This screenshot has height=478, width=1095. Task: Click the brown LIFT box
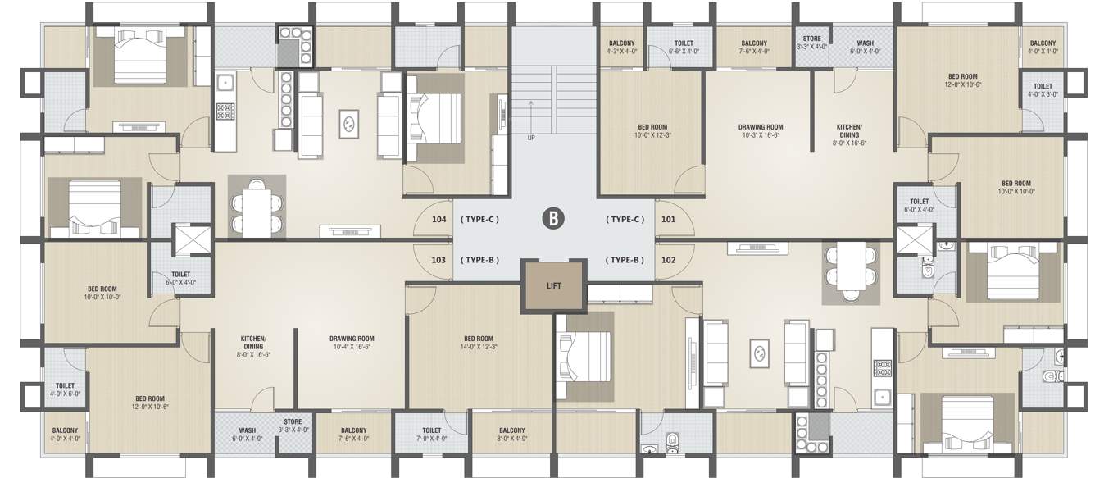click(554, 286)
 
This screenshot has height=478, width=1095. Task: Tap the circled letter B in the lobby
click(554, 219)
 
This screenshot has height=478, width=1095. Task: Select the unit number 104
click(439, 220)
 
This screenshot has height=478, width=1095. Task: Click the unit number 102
click(668, 260)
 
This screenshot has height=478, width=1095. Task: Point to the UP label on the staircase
click(531, 138)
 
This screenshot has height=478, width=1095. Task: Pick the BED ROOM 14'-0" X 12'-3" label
click(478, 343)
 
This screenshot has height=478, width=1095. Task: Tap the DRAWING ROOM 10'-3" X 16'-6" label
click(761, 131)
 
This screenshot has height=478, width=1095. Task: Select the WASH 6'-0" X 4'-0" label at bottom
click(248, 434)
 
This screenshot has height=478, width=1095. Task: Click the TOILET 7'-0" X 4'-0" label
click(432, 434)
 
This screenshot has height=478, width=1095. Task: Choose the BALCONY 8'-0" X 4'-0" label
click(511, 434)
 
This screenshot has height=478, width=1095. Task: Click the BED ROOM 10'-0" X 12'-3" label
click(652, 131)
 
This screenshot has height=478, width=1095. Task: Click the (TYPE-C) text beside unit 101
click(625, 220)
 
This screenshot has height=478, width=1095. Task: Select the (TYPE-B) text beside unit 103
click(480, 260)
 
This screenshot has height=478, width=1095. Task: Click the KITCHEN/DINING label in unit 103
click(253, 347)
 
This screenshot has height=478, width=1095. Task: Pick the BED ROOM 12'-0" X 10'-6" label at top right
click(962, 80)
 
